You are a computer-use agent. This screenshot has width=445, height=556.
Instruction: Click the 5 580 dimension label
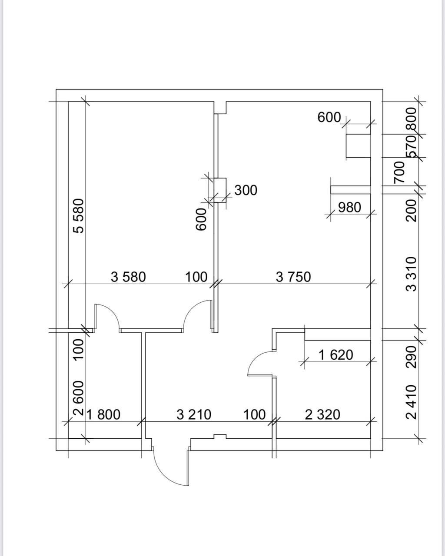79,216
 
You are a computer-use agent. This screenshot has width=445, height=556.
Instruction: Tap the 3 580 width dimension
128,277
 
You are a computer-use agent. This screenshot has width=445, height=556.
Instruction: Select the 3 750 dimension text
293,277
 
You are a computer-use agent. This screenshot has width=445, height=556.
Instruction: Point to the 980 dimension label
349,208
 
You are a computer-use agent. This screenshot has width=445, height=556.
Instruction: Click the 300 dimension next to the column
246,190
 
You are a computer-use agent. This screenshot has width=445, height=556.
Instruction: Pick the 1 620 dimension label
336,355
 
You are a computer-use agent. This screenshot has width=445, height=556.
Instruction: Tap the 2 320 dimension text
322,415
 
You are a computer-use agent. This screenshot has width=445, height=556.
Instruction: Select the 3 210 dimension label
194,415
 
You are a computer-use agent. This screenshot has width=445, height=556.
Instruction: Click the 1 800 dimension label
103,415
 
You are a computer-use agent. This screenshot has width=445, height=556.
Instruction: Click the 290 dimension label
412,357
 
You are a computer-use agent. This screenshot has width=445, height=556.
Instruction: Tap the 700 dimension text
399,172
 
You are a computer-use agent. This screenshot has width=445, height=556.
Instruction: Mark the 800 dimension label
412,119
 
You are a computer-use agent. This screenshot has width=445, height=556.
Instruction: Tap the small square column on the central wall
220,190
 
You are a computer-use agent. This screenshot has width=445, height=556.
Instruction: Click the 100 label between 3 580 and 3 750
196,277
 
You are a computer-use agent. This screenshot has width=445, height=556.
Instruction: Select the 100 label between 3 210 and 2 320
254,415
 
